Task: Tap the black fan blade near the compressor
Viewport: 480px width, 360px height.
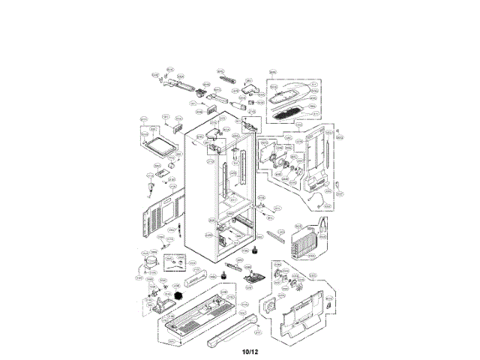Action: [x=178, y=297]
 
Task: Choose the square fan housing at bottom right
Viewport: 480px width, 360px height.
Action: [x=270, y=307]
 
